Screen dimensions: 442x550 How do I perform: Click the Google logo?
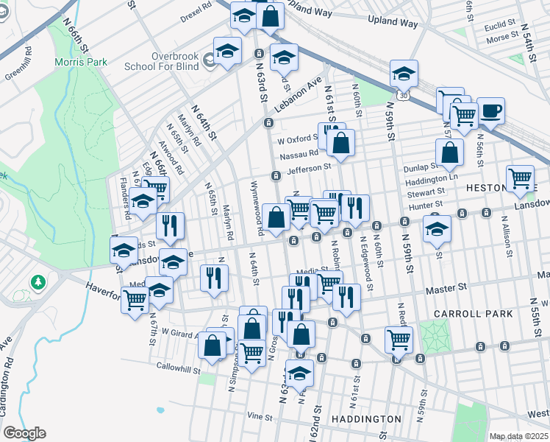point(24,432)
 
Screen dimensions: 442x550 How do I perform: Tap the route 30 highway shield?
point(401,96)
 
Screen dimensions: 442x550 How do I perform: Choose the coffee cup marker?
point(490,112)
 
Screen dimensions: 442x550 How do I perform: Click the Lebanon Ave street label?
point(301,94)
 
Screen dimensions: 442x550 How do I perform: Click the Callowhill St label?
point(177,365)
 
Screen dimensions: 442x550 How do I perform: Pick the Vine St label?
point(260,416)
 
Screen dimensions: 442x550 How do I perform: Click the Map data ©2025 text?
point(518,436)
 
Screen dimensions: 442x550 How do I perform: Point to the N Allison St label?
point(507,234)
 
